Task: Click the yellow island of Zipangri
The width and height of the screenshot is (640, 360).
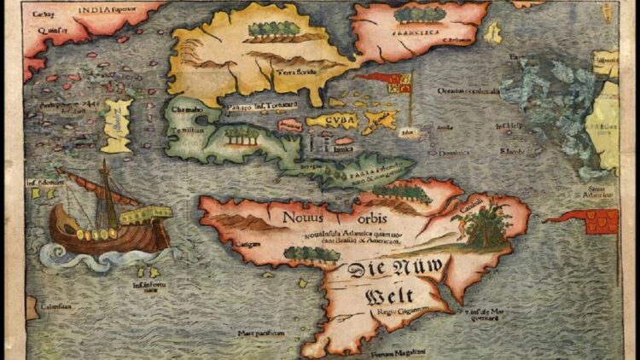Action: pos(116,125)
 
